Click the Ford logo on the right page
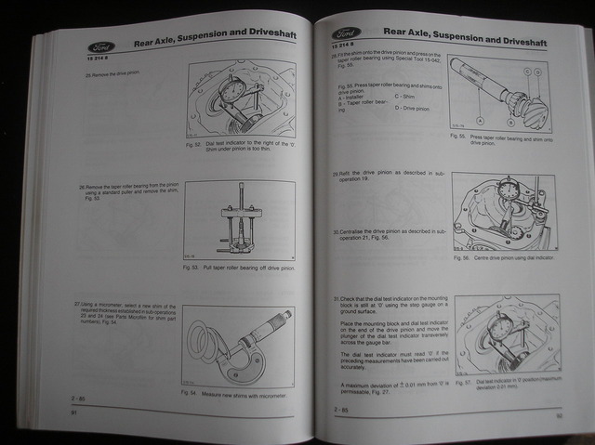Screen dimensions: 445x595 pos(347,34)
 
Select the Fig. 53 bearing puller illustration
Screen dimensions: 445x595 pos(239,221)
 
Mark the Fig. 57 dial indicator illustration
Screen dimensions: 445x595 pos(507,334)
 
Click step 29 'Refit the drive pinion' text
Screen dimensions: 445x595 pos(381,177)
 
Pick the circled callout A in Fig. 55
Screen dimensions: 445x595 pos(480,120)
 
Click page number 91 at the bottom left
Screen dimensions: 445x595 pos(73,412)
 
